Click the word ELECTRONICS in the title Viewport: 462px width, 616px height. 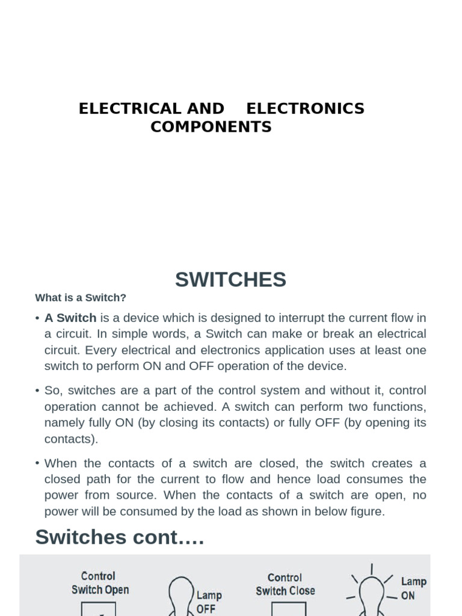coord(305,109)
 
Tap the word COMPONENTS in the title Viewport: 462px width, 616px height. coord(211,127)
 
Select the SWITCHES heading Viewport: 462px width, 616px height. coord(230,280)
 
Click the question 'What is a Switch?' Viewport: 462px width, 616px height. coord(81,298)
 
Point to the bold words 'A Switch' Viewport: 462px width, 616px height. coord(70,318)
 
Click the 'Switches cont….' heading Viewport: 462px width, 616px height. coord(120,537)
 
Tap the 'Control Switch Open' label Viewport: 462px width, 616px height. coord(100,583)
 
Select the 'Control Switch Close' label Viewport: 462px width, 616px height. coord(285,584)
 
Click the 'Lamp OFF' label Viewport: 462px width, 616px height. coord(209,602)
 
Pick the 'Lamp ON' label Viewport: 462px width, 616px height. coord(413,588)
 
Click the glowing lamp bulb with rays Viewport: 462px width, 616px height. coord(371,596)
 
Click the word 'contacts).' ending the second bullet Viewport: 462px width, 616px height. coord(71,439)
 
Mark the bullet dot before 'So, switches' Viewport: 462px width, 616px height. coord(37,391)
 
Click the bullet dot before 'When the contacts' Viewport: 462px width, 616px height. coord(37,463)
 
